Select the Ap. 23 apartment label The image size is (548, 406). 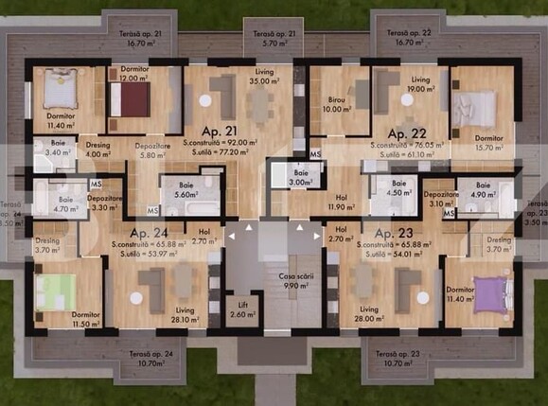(x=394, y=232)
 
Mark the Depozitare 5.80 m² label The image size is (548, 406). (x=152, y=151)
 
